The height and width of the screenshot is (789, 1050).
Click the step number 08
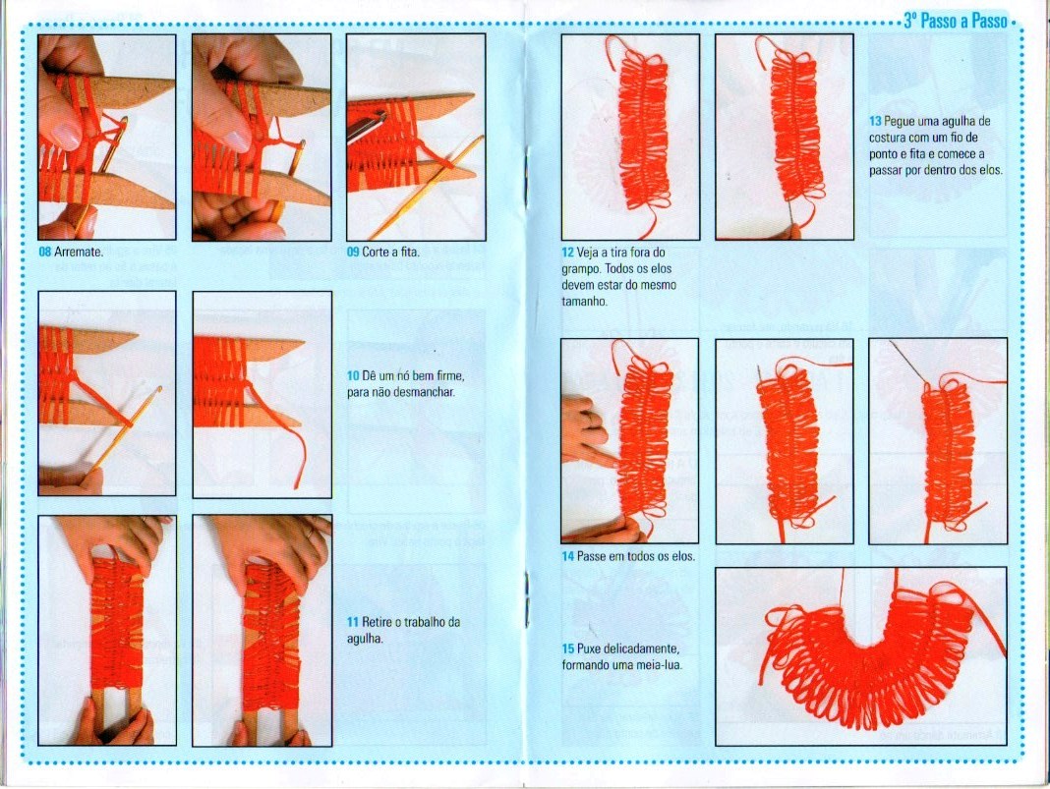coord(45,253)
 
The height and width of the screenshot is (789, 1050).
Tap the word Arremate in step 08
coord(79,253)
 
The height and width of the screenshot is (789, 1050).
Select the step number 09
coord(353,253)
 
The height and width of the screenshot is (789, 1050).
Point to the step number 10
coord(353,376)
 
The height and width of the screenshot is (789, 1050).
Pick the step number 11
coord(353,622)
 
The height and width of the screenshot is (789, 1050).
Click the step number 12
coord(568,253)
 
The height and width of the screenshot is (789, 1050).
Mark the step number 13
coord(875,122)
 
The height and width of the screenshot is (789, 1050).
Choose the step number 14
coord(568,556)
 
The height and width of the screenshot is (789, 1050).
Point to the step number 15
coord(568,649)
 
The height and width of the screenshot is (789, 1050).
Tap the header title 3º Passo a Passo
coord(956,21)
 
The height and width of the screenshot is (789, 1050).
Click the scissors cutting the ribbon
coord(367,125)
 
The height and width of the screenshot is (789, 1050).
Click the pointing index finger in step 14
coord(589,456)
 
